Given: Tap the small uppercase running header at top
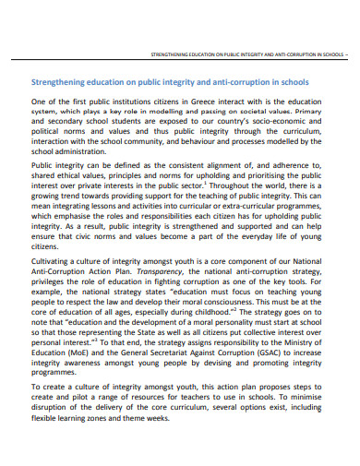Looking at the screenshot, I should pyautogui.click(x=249, y=54).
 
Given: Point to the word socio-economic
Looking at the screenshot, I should pyautogui.click(x=287, y=123).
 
